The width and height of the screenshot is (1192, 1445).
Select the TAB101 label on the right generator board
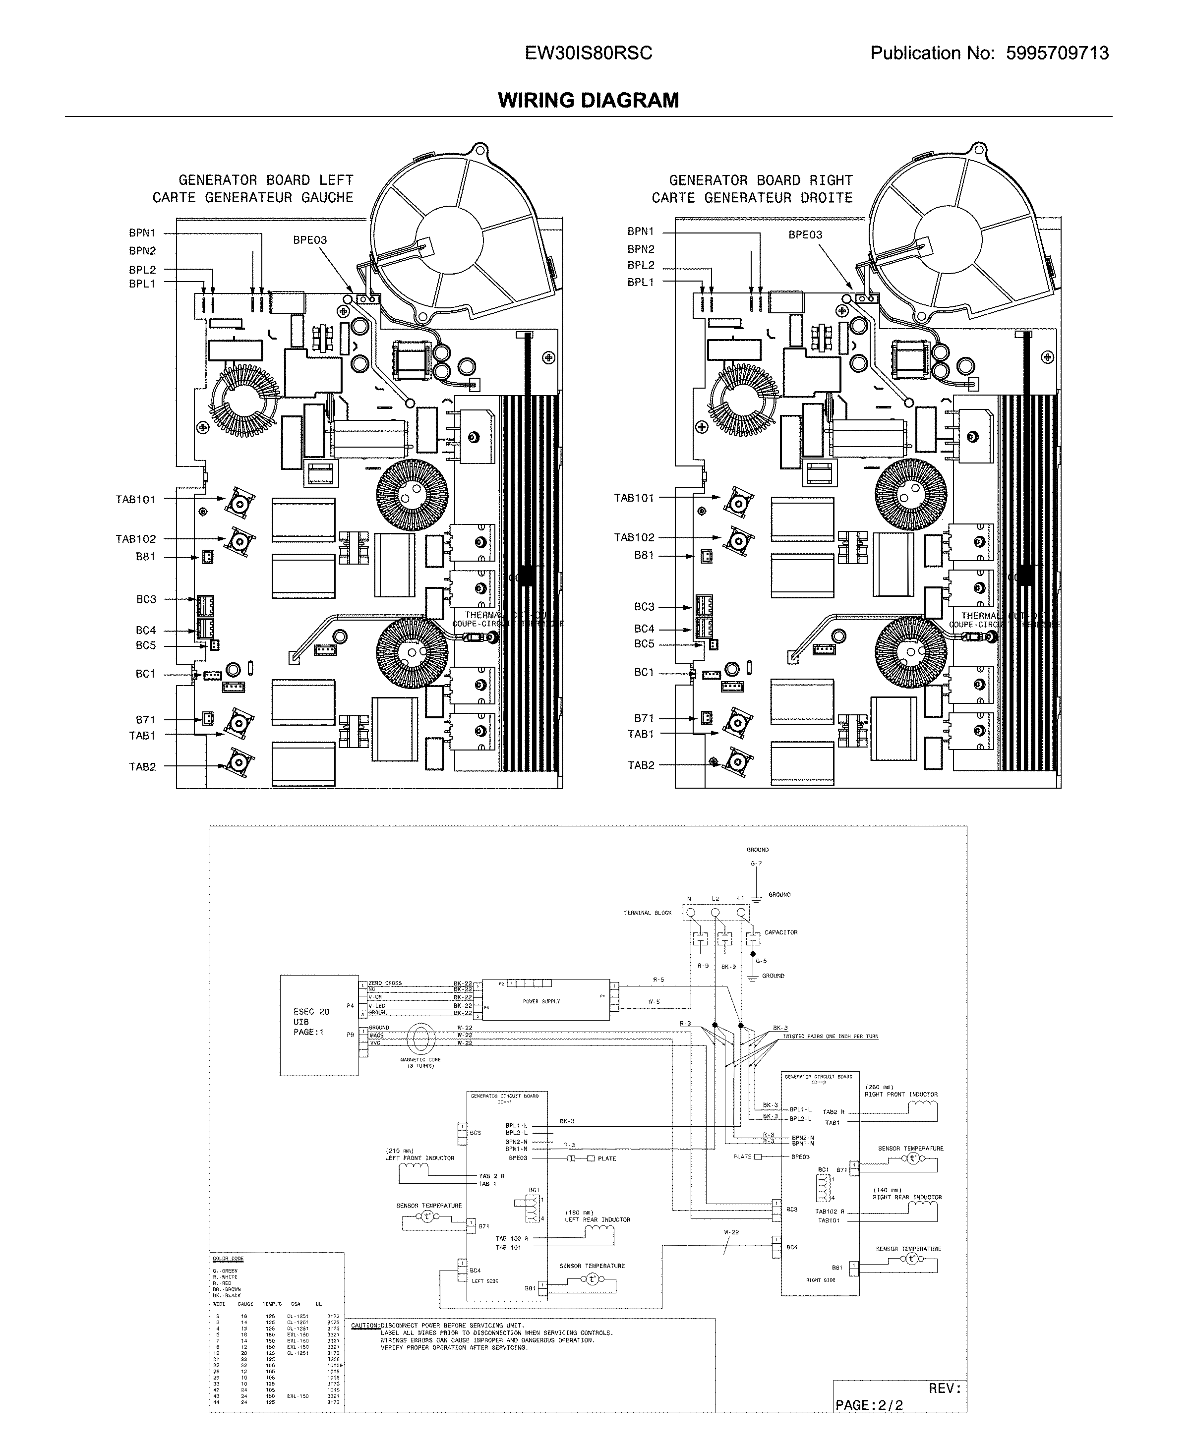[x=634, y=498]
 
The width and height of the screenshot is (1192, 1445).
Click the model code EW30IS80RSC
[x=589, y=53]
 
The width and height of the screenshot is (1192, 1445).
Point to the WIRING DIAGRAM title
[x=589, y=100]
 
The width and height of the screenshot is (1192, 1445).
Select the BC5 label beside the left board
[x=146, y=645]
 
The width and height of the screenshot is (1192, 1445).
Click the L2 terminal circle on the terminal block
[x=715, y=912]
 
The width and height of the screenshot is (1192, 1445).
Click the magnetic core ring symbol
[x=420, y=1040]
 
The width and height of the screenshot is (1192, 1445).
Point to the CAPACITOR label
[x=781, y=932]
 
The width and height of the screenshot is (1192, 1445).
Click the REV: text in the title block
[x=945, y=1388]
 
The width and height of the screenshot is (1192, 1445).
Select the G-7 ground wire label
[x=756, y=864]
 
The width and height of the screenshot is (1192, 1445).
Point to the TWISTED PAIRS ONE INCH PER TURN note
[x=830, y=1036]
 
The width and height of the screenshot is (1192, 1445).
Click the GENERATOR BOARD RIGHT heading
[x=760, y=180]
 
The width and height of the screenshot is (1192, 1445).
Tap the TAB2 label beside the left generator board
[x=142, y=767]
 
